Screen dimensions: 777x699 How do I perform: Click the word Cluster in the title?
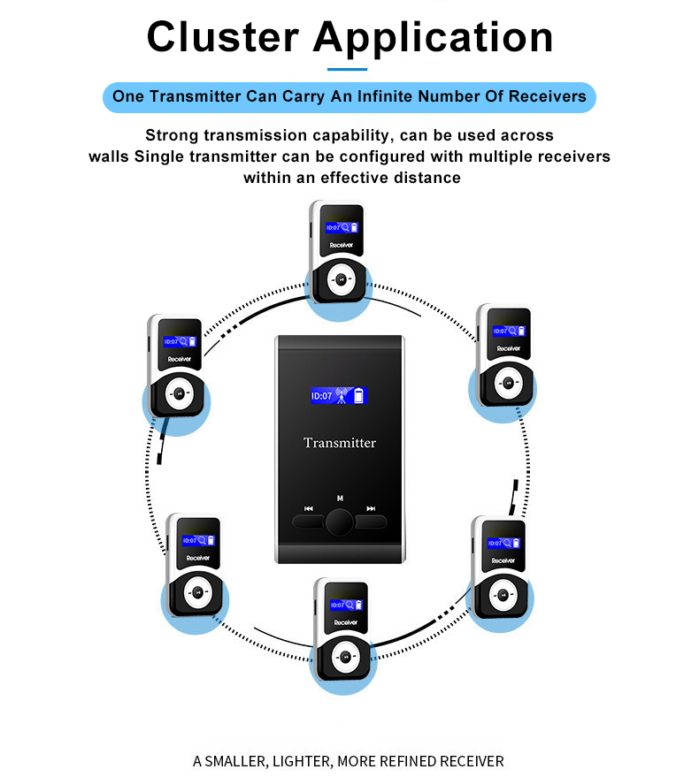tap(222, 37)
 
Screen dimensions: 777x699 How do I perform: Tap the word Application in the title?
tap(434, 37)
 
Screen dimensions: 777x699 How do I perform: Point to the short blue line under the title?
tap(347, 68)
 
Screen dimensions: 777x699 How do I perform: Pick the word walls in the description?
tap(111, 156)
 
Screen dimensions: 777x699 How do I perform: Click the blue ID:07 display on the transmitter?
tap(339, 396)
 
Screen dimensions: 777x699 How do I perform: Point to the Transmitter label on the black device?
tap(340, 443)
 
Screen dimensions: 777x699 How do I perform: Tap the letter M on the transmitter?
tap(340, 499)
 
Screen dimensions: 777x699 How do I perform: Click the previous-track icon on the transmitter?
tap(308, 509)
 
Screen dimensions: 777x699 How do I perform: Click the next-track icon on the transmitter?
tap(371, 509)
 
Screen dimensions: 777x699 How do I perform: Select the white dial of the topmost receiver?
tap(339, 281)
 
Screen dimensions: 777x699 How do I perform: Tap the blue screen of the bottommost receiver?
tap(342, 605)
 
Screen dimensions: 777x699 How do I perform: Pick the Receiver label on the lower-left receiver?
tap(197, 558)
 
